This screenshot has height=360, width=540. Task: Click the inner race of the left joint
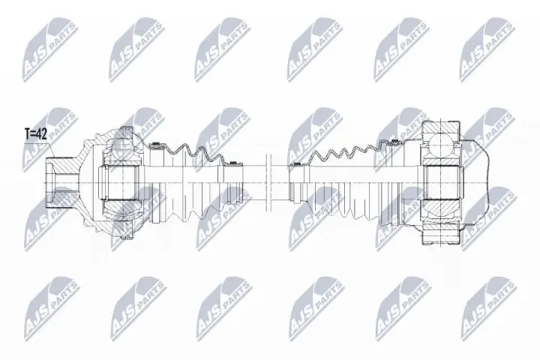121,180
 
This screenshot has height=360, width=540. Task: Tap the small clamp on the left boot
235,160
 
